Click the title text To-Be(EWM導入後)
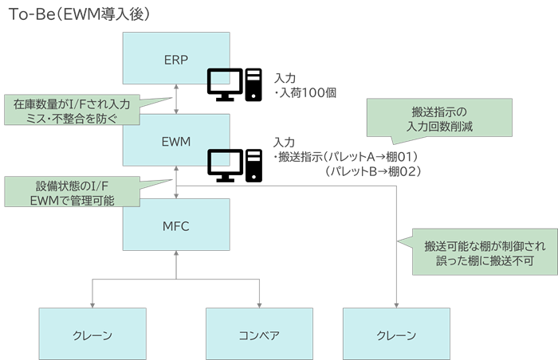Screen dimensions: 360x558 (79, 14)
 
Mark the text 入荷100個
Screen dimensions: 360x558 (307, 92)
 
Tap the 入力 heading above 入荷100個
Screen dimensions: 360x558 (285, 78)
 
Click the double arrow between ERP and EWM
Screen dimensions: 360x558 (176, 100)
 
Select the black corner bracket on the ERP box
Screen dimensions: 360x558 (220, 76)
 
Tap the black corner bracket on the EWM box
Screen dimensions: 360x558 (220, 158)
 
